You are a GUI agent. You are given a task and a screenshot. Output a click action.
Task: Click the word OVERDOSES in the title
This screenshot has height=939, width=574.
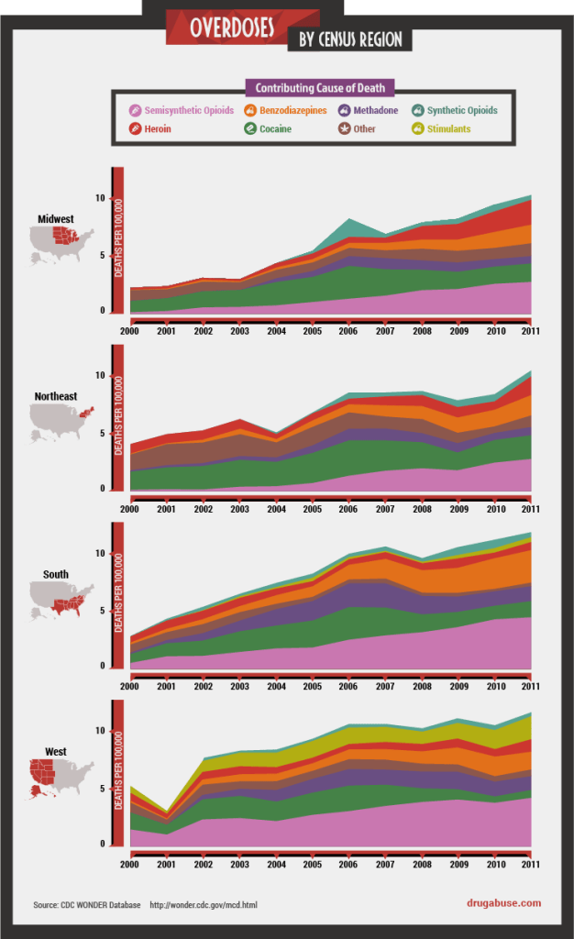pos(231,28)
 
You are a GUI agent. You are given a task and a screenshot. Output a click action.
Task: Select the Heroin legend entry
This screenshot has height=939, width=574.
pos(157,129)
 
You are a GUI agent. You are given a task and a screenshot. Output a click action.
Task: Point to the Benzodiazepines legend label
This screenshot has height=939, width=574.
pos(293,110)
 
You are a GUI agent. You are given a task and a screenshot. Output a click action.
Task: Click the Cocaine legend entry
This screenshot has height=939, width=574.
pos(274,129)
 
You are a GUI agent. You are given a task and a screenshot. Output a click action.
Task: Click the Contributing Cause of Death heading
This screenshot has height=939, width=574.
pos(320,88)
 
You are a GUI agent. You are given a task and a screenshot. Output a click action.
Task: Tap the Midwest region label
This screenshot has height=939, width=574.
pos(55,219)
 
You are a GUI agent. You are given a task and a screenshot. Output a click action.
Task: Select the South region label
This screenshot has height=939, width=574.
pos(55,575)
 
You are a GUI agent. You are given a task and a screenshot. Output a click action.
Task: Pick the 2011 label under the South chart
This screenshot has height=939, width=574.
pos(530,686)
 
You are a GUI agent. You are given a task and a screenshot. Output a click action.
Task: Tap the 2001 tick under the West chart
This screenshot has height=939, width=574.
pos(165,863)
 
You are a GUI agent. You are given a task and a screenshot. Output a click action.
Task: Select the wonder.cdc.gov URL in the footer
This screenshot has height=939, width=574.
pos(204,905)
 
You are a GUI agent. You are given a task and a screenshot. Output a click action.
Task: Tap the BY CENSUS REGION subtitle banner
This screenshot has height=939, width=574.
pos(349,39)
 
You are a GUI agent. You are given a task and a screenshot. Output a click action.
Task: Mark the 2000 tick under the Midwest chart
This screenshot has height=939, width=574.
pos(129,330)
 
